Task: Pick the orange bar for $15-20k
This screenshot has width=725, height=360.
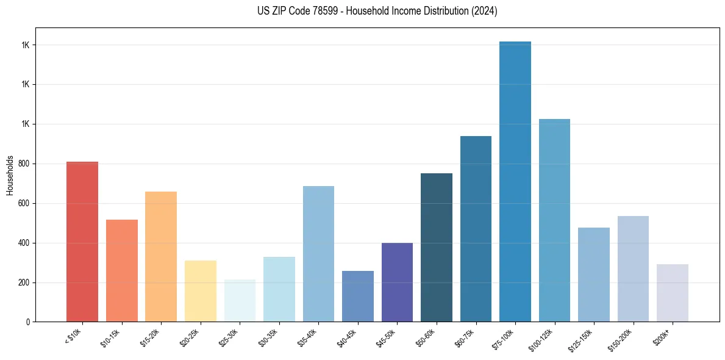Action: pyautogui.click(x=161, y=256)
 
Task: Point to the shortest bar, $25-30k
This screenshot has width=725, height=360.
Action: pyautogui.click(x=240, y=300)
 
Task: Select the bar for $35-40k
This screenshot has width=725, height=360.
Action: pyautogui.click(x=318, y=254)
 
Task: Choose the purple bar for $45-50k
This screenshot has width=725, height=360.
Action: pyautogui.click(x=397, y=282)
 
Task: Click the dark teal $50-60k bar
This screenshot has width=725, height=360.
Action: pyautogui.click(x=437, y=247)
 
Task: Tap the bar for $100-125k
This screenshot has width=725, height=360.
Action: pyautogui.click(x=554, y=220)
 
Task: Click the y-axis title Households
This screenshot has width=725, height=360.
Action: pyautogui.click(x=10, y=175)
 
